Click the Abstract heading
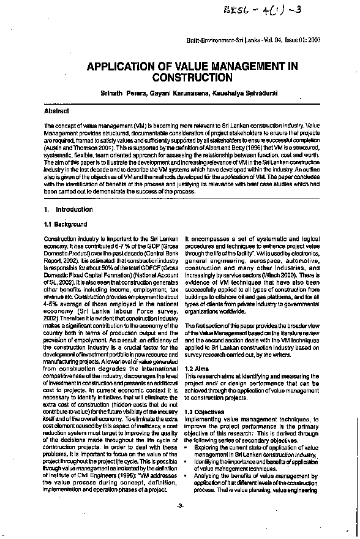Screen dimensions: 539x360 click(57, 111)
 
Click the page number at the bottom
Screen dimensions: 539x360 click(180, 522)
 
